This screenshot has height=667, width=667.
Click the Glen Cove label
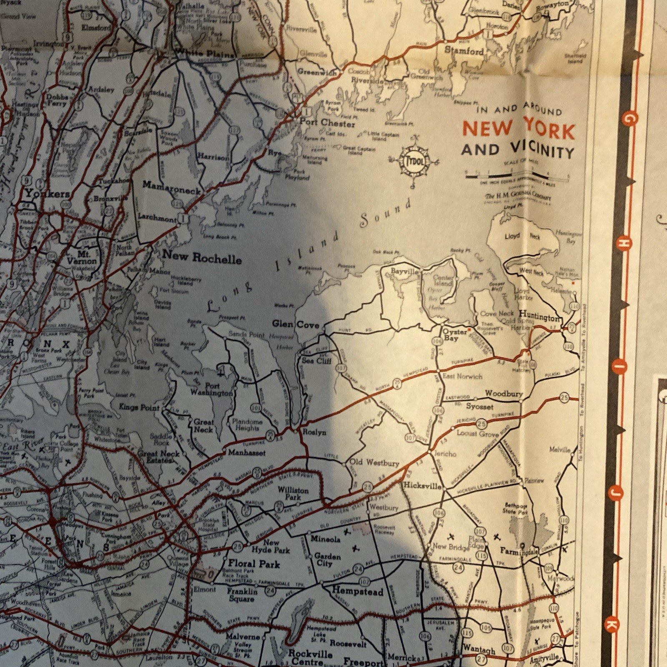[x=296, y=324]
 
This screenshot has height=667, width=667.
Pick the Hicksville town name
[x=422, y=486]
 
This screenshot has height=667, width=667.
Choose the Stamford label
[x=464, y=51]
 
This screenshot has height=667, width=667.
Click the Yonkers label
[x=47, y=193]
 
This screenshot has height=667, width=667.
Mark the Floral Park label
[x=254, y=564]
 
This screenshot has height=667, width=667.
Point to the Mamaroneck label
[x=172, y=186]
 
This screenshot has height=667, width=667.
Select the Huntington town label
[x=539, y=317]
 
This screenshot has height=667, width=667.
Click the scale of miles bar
[x=517, y=176]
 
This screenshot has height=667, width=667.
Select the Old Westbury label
[x=374, y=462]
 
